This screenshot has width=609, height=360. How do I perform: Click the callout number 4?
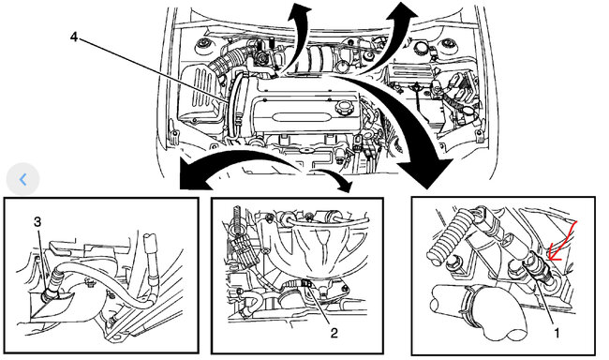click(74, 37)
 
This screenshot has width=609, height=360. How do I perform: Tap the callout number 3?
click(37, 222)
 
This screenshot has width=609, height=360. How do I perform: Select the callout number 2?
click(334, 333)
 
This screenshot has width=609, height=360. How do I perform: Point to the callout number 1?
click(557, 333)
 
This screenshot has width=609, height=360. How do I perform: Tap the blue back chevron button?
click(22, 179)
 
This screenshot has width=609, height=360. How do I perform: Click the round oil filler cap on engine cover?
click(344, 107)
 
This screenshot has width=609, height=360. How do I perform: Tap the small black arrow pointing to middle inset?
click(334, 177)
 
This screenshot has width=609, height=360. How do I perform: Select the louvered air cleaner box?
click(198, 94)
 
